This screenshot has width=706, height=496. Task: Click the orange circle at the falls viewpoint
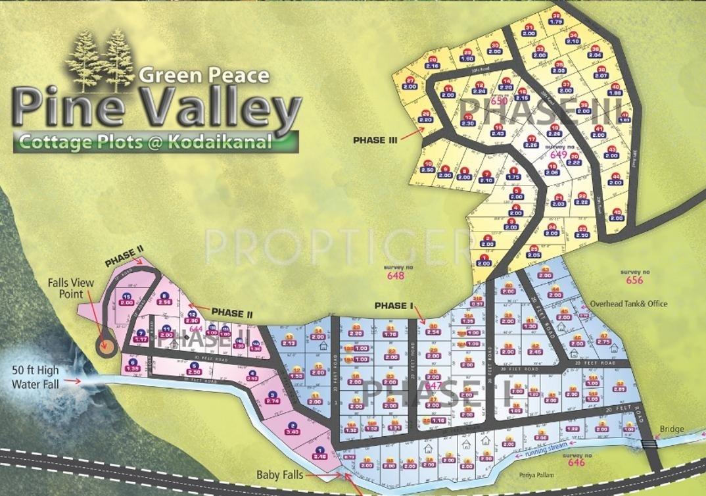tap(104, 342)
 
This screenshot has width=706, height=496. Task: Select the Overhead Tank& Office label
tap(628, 304)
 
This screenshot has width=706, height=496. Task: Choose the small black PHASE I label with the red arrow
tap(393, 305)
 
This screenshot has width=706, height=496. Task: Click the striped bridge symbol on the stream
tap(651, 443)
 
